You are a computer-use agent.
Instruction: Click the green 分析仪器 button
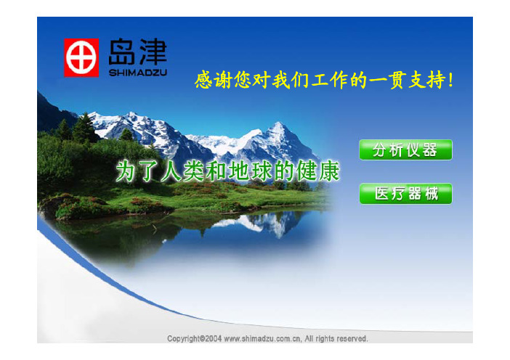(405, 150)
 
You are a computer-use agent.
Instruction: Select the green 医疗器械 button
(405, 194)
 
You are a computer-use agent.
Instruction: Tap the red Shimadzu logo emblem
(81, 58)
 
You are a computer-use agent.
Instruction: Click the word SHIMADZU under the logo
(138, 73)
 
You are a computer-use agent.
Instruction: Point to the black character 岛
(121, 52)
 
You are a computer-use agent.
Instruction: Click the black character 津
(153, 52)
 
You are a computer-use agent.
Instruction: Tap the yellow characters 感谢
(214, 80)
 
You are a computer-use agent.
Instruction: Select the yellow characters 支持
(426, 80)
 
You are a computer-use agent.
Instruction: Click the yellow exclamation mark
(450, 80)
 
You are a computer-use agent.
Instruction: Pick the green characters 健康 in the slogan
(318, 171)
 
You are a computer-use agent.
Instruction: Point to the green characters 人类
(183, 171)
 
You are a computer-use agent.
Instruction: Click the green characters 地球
(250, 171)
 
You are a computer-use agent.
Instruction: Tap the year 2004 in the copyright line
(213, 338)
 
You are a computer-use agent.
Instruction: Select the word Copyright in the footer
(184, 338)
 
